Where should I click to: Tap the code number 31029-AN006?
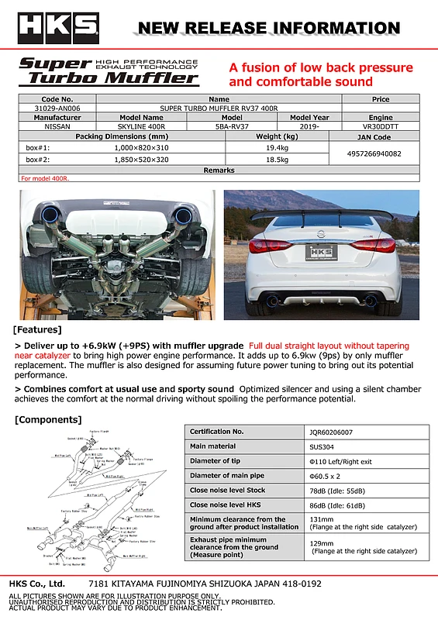pyautogui.click(x=57, y=108)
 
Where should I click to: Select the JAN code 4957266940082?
pyautogui.click(x=374, y=153)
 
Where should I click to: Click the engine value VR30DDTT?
pyautogui.click(x=374, y=126)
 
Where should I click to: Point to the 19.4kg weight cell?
pyautogui.click(x=277, y=146)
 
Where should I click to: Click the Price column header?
pyautogui.click(x=381, y=99)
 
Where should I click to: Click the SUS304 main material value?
pyautogui.click(x=322, y=446)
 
